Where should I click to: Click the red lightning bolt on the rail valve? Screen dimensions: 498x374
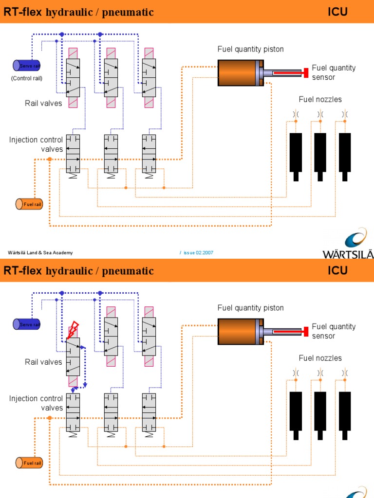[74, 329]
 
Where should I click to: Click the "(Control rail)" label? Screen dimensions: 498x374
[27, 78]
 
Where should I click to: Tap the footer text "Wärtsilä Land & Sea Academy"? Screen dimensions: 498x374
[40, 252]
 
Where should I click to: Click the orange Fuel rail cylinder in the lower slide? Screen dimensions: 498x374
[29, 462]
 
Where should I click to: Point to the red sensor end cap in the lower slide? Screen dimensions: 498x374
[306, 331]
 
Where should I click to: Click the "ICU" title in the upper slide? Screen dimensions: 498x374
[337, 12]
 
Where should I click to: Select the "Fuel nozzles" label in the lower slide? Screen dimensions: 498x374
[320, 358]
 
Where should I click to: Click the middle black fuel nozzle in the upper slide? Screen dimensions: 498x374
[320, 156]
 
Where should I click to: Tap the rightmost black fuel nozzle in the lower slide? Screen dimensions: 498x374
[345, 414]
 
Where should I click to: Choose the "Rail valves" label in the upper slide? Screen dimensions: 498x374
[43, 103]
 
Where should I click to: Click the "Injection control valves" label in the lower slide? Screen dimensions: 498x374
[37, 403]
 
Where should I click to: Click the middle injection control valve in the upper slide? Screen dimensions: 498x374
[111, 154]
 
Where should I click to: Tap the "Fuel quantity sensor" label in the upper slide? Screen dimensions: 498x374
[334, 72]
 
